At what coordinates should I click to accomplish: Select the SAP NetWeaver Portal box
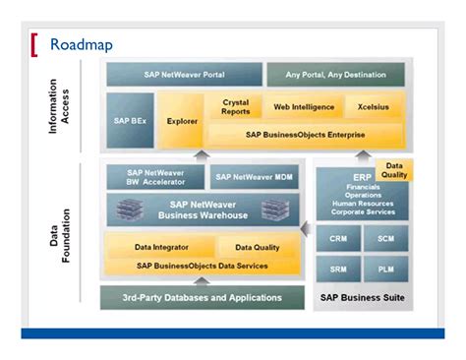point(183,75)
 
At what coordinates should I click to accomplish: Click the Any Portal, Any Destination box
point(321,75)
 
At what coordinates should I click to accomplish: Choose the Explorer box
point(182,121)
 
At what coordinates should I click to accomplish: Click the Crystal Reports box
point(236,107)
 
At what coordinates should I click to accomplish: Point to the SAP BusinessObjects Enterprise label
point(306,134)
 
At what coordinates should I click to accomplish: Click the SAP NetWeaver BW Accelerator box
point(153,176)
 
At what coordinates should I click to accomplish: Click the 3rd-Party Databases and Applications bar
point(202,297)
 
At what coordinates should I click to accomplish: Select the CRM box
point(336,237)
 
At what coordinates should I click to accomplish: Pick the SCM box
point(385,237)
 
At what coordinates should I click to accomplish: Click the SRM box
point(336,269)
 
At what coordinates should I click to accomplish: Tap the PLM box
point(385,269)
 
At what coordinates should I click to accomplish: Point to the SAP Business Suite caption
point(361,297)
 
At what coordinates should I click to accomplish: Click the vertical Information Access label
point(60,106)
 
